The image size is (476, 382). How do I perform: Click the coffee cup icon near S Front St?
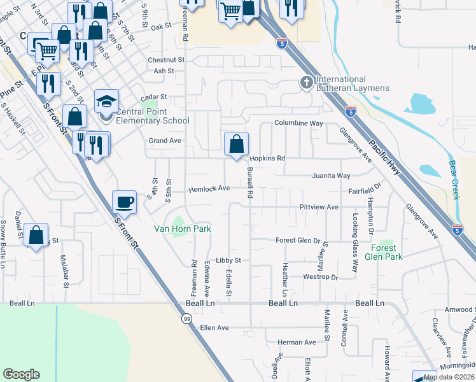pyautogui.click(x=124, y=202)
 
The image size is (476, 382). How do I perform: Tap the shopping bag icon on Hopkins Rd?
pyautogui.click(x=236, y=143)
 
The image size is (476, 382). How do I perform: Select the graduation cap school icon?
pyautogui.click(x=106, y=102)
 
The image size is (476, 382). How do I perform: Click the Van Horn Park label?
pyautogui.click(x=182, y=229)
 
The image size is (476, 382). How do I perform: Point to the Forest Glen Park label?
pyautogui.click(x=384, y=252)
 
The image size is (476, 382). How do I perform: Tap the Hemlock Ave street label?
pyautogui.click(x=209, y=189)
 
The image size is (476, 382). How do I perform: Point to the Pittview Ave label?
pyautogui.click(x=319, y=208)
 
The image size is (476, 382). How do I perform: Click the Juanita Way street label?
pyautogui.click(x=331, y=176)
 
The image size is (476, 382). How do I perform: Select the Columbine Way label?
pyautogui.click(x=298, y=123)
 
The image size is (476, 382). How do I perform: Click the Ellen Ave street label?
pyautogui.click(x=214, y=328)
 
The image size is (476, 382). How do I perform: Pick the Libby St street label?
pyautogui.click(x=228, y=260)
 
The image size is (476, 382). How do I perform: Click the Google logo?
pyautogui.click(x=21, y=374)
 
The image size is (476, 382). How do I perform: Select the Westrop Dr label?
pyautogui.click(x=320, y=277)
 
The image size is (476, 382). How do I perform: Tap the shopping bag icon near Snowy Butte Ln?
pyautogui.click(x=36, y=235)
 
